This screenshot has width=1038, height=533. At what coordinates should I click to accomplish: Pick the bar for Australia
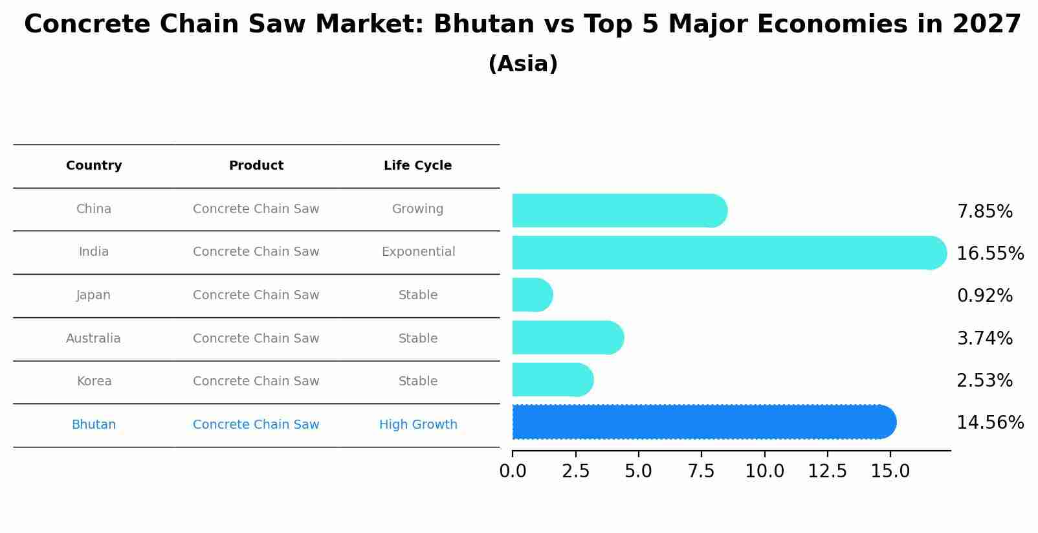point(567,337)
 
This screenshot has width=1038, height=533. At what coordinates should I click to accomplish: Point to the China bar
point(619,210)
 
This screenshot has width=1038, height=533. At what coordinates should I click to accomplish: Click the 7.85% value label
point(984,212)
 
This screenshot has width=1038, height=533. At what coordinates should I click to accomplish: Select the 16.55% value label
point(989,254)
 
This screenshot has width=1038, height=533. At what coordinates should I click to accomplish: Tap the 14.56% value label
point(989,423)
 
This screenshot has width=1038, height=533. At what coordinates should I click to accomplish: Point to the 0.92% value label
point(984,296)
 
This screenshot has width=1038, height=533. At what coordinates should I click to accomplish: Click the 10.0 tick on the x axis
point(764,471)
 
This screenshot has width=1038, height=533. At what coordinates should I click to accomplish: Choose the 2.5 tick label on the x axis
point(575,471)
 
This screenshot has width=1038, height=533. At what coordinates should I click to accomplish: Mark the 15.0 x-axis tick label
point(890,471)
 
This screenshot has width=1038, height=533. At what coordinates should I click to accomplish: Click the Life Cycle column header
point(417,166)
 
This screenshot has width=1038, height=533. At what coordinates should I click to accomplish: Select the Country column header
point(94,166)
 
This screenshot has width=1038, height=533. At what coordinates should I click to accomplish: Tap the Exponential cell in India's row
point(418,252)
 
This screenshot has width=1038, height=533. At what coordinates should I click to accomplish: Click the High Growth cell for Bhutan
point(418,425)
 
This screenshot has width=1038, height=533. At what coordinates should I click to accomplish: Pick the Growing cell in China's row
point(417,209)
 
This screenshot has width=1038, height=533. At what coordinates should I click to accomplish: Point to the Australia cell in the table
point(93,339)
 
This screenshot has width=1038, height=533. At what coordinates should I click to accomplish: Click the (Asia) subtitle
point(523,64)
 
